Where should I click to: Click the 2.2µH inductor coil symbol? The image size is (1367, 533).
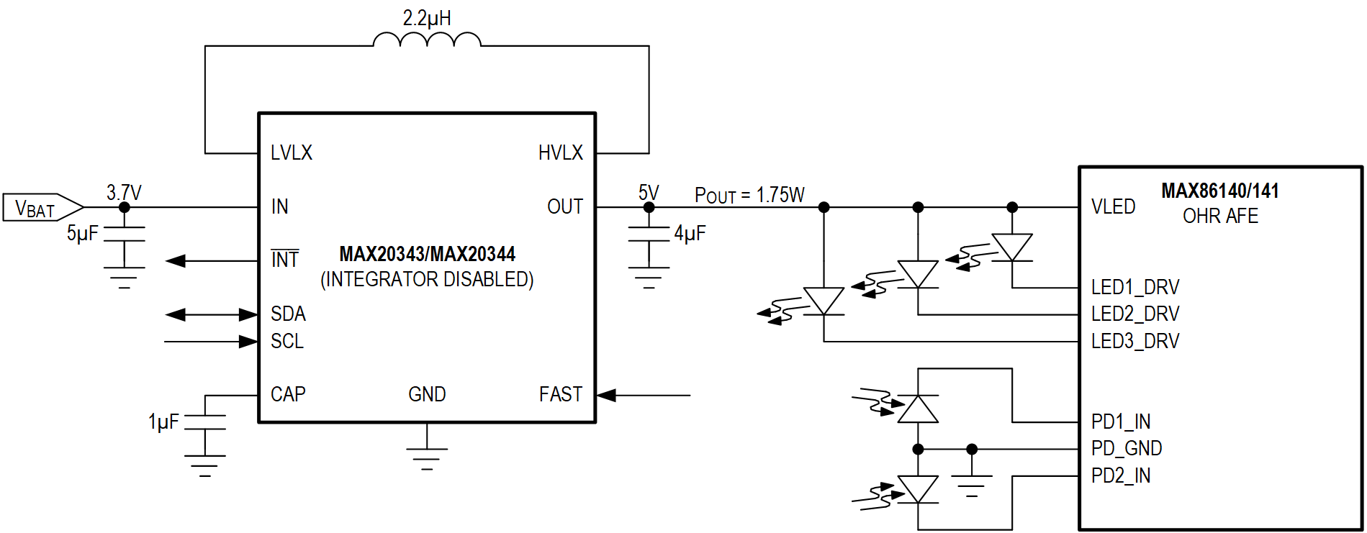pos(427,40)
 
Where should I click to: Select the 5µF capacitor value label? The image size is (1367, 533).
pos(82,233)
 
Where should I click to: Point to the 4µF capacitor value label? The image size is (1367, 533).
pos(690,233)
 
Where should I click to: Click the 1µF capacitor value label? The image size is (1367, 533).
pos(163,422)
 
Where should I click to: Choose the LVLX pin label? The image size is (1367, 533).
pos(292,152)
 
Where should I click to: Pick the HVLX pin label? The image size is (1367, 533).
pos(560,152)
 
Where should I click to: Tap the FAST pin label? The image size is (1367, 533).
pos(560,394)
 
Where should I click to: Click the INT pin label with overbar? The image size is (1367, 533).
pos(284,259)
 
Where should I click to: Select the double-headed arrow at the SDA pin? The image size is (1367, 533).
pos(211,314)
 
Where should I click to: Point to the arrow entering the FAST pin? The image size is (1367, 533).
pos(643,395)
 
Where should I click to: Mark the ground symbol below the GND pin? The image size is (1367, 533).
pos(427,455)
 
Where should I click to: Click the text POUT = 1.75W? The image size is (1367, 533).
pos(749,195)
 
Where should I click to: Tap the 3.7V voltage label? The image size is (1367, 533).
pos(124,193)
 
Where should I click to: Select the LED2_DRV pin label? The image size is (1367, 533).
pos(1134,314)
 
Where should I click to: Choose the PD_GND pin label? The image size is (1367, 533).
pos(1126,448)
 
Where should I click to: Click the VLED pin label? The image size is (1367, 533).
pos(1113,207)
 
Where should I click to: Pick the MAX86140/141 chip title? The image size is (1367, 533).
pos(1219,191)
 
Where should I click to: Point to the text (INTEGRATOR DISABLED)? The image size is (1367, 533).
pos(427,279)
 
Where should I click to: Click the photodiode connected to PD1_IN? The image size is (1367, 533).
pos(918,409)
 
